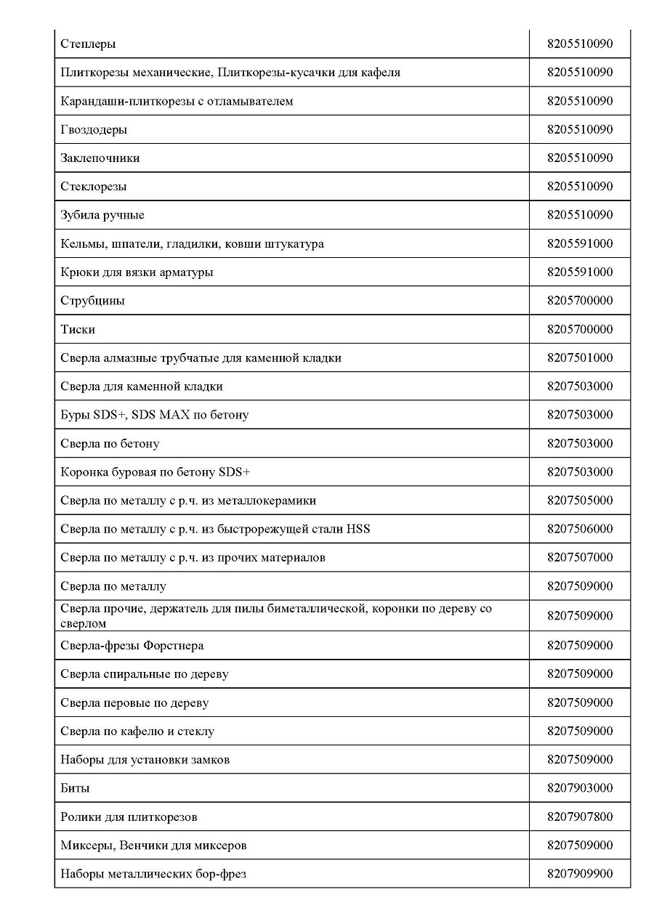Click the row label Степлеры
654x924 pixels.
point(88,44)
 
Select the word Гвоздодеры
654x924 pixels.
point(94,130)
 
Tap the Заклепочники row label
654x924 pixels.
point(100,158)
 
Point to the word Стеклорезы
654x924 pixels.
point(94,187)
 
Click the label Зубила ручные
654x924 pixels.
point(102,216)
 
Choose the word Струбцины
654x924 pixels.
point(93,301)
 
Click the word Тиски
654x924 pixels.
point(78,330)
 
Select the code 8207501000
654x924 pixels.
point(580,358)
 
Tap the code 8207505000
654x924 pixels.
point(580,500)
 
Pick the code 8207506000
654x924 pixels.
point(580,529)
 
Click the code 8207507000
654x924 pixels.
point(580,558)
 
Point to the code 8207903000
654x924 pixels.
point(580,788)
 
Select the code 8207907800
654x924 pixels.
point(580,817)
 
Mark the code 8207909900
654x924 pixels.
point(580,874)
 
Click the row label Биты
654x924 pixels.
point(76,789)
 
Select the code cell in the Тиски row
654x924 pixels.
point(580,330)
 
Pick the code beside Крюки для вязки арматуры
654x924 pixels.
point(580,272)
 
